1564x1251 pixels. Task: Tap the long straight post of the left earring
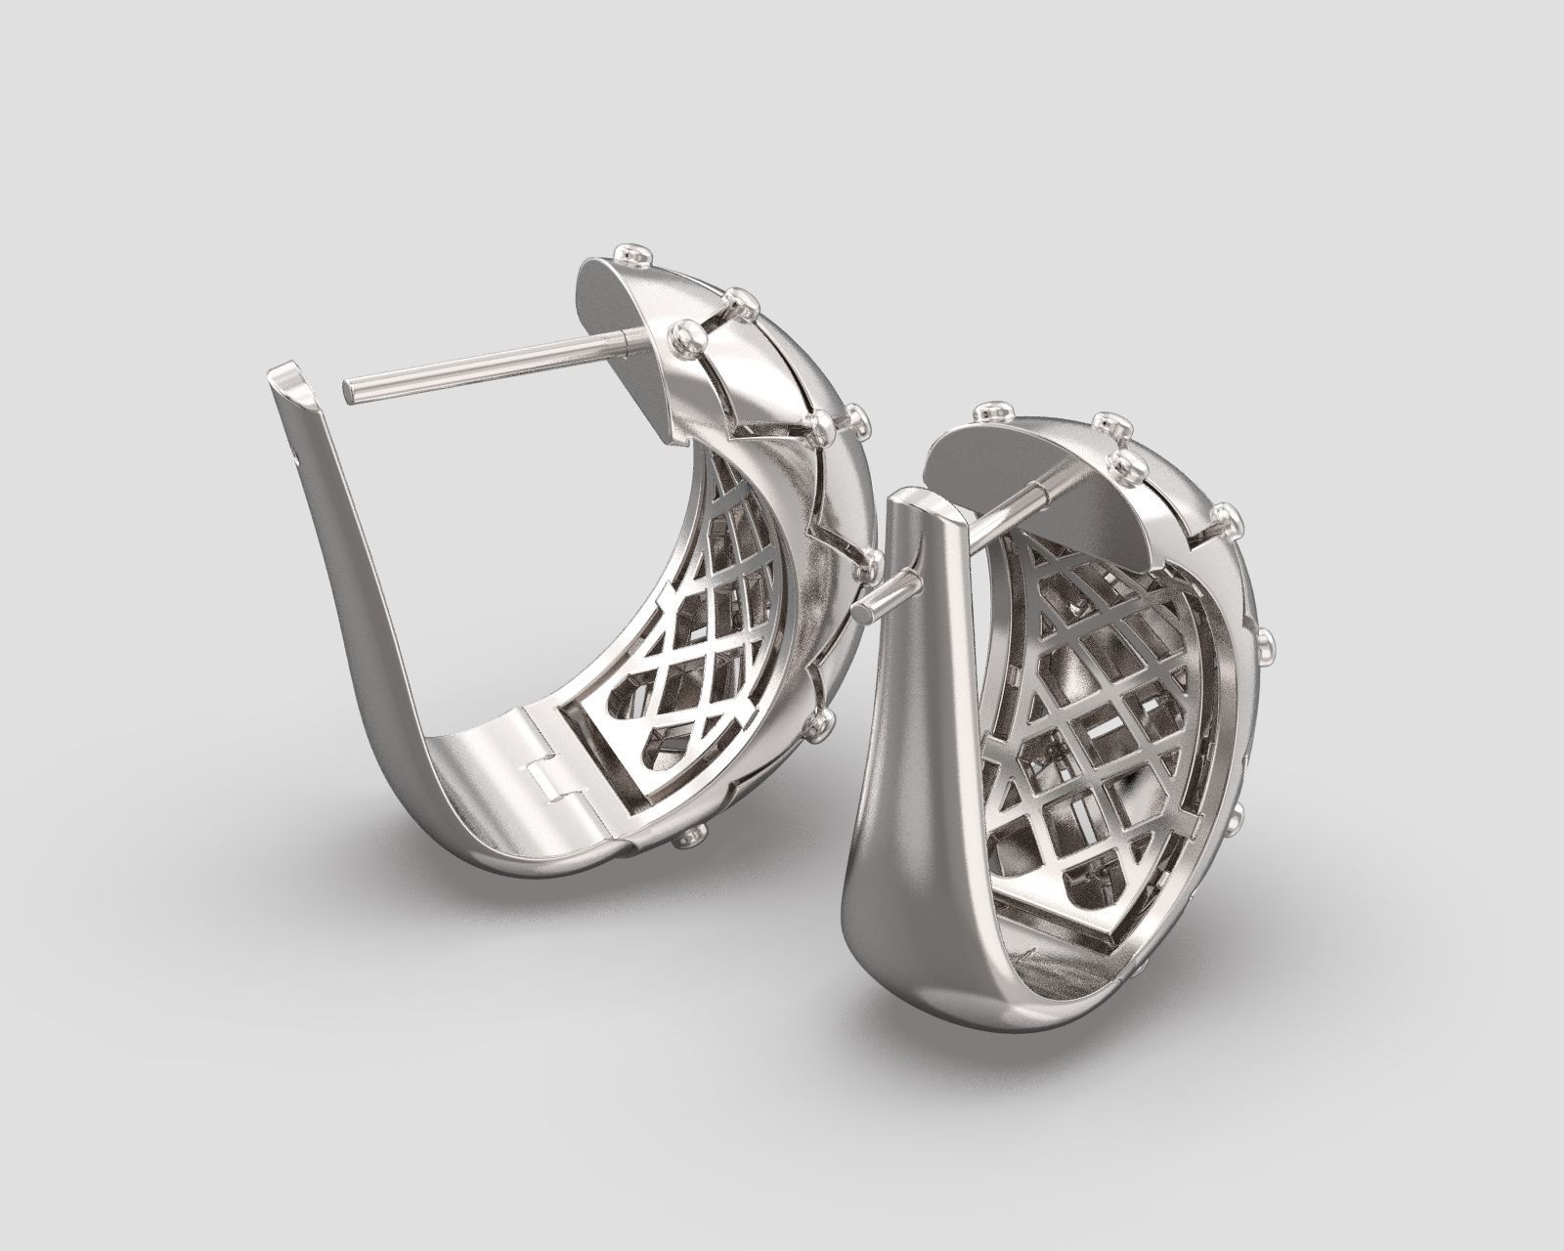click(479, 362)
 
